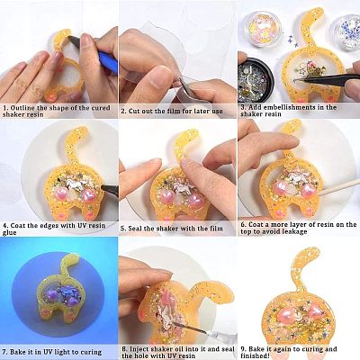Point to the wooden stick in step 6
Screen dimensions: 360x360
pyautogui.click(x=339, y=188)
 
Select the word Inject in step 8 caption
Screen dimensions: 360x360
pyautogui.click(x=139, y=349)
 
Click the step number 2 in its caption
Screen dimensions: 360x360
pyautogui.click(x=123, y=112)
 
